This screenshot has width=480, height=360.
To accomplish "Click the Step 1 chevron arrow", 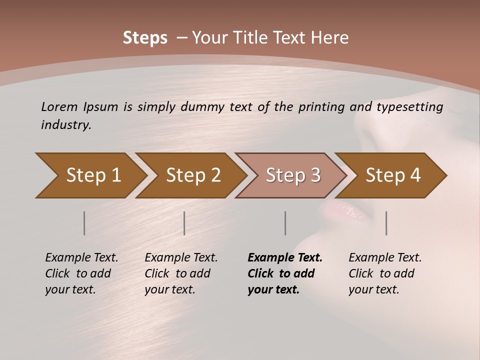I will (92, 175).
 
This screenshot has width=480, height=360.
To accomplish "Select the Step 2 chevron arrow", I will (192, 175).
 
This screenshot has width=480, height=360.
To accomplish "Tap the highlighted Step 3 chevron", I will (292, 175).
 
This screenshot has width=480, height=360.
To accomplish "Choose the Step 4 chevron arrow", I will (392, 175).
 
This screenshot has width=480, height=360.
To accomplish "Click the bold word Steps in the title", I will (145, 38).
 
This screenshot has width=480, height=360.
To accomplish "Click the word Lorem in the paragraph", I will (59, 107).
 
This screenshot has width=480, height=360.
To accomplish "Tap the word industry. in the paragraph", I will (66, 125).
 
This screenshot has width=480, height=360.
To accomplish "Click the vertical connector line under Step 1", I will (84, 223).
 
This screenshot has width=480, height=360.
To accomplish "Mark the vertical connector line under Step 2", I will (184, 223).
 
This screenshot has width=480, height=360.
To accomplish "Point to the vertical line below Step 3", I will (285, 223).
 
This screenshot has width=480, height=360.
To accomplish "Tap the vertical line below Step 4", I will (386, 223).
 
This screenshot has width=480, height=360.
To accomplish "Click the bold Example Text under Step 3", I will (285, 258).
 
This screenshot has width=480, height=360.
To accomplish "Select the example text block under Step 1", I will (81, 273).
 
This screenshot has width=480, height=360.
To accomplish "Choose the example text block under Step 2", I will (181, 273).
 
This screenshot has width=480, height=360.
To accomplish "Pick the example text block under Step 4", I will (385, 273).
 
